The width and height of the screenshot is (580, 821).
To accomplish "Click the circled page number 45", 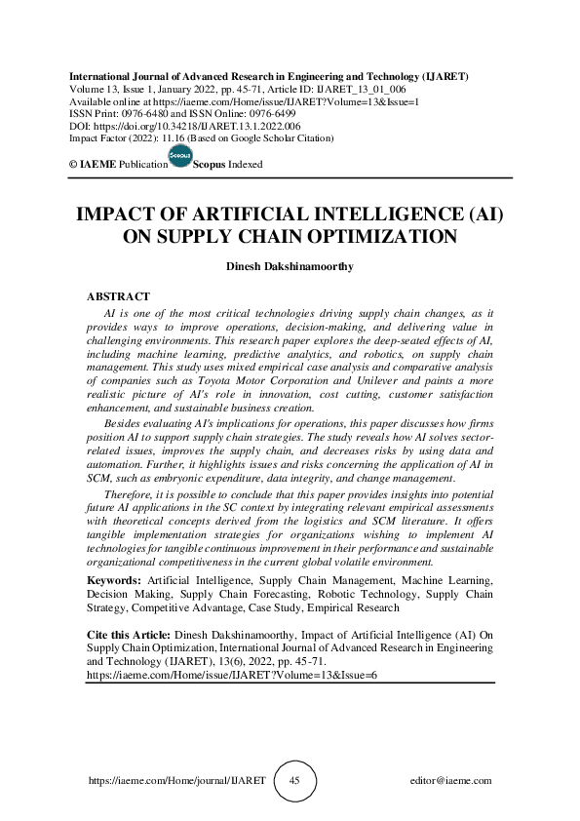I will [293, 781].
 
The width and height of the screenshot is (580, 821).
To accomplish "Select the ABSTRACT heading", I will [118, 294].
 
